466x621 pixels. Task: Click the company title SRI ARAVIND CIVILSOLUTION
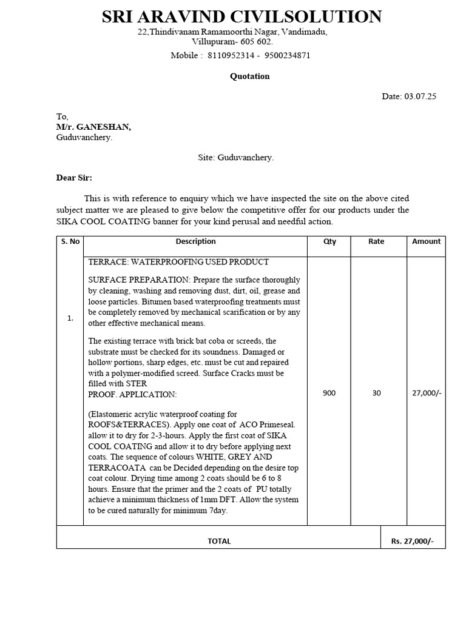(241, 16)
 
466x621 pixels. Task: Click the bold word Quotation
(249, 76)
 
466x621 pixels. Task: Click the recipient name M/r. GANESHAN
(93, 127)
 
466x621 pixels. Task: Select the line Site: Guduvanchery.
(235, 158)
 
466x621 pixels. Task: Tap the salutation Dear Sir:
(74, 178)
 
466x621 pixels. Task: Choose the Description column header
(195, 241)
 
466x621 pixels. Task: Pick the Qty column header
(329, 241)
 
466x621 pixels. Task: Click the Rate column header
(376, 241)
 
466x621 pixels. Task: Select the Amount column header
(426, 241)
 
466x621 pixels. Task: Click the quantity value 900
(329, 393)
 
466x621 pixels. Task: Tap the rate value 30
(376, 393)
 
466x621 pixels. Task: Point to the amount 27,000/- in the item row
(427, 393)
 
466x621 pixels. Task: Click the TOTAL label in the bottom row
(219, 541)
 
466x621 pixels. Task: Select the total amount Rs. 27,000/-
(413, 541)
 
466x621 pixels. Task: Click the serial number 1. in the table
(70, 318)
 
